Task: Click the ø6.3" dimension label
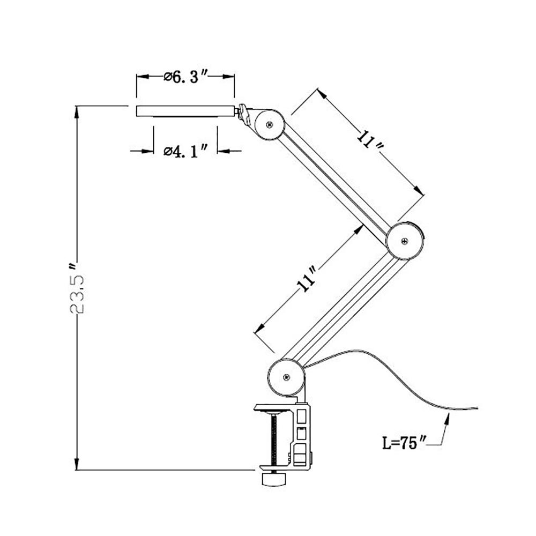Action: pos(185,77)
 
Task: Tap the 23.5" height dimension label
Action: pos(77,288)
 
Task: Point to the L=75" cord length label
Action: pos(404,443)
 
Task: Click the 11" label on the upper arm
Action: pos(369,139)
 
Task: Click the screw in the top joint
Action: pos(270,124)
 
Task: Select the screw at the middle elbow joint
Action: pos(405,241)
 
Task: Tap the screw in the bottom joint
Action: pos(286,377)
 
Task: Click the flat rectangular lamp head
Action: pos(185,111)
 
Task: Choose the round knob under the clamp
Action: pos(273,479)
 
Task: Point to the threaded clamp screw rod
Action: pos(274,440)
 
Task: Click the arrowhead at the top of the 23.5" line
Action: pos(77,112)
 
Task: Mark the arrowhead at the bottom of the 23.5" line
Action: pos(77,464)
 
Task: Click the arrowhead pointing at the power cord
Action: pos(447,419)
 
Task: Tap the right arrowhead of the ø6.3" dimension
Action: pos(228,77)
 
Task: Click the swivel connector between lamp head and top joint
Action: pos(243,113)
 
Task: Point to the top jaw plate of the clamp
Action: pos(273,408)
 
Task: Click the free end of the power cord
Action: pos(478,408)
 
